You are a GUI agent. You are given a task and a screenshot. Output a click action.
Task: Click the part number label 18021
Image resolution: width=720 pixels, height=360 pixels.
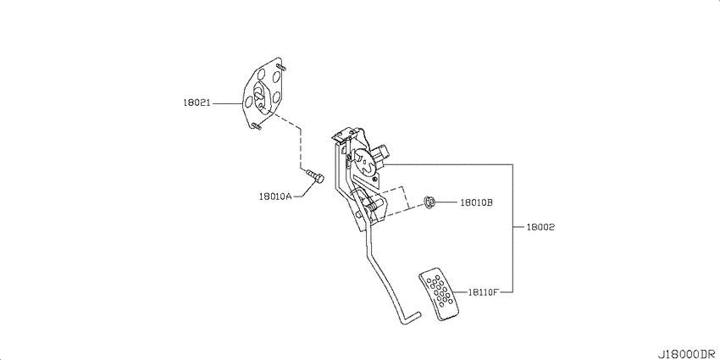[197, 103]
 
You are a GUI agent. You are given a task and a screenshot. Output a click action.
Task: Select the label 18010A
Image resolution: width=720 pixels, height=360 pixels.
[275, 197]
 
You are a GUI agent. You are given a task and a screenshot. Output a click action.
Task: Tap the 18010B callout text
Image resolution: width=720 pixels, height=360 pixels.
[476, 202]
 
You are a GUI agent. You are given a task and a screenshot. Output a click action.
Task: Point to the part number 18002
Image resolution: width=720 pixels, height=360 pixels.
[540, 227]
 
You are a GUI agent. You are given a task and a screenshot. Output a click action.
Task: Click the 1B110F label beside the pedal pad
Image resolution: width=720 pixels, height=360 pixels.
[484, 291]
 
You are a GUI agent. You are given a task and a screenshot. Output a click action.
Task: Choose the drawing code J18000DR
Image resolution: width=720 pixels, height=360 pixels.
[688, 354]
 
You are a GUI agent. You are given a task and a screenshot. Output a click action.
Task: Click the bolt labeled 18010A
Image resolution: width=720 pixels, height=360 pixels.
[314, 175]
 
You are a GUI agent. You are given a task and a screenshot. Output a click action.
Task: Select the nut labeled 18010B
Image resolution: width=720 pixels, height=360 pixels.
[429, 202]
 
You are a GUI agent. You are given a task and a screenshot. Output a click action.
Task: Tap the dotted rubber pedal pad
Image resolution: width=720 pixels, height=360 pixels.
[439, 294]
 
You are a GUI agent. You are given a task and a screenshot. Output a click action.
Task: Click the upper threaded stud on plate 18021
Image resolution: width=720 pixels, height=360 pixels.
[280, 68]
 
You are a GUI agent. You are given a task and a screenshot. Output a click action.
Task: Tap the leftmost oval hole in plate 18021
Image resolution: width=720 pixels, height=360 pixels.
[248, 101]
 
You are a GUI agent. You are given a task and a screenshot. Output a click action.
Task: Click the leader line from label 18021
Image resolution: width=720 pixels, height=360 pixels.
[227, 104]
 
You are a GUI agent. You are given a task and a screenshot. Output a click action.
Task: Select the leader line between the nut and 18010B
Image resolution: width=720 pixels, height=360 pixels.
[446, 202]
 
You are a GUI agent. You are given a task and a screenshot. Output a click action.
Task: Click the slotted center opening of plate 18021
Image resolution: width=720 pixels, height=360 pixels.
[258, 97]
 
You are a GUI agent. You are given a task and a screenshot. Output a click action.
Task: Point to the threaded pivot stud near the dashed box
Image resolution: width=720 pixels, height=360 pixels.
[374, 202]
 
